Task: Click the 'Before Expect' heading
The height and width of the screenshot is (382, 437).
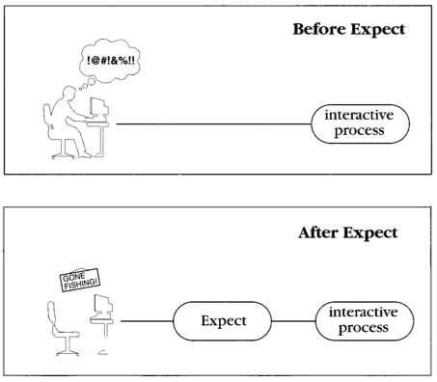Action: pyautogui.click(x=349, y=30)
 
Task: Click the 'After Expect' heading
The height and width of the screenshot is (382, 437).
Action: pyautogui.click(x=348, y=232)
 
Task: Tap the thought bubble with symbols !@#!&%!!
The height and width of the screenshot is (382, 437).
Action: pyautogui.click(x=110, y=60)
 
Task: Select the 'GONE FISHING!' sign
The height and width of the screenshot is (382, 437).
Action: pyautogui.click(x=80, y=280)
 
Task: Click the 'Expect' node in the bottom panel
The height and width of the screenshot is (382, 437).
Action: pyautogui.click(x=223, y=321)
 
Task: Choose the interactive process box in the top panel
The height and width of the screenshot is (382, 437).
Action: pyautogui.click(x=360, y=123)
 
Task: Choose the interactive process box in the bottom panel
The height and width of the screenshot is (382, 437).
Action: pyautogui.click(x=365, y=321)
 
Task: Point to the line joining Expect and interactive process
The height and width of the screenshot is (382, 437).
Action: pyautogui.click(x=293, y=321)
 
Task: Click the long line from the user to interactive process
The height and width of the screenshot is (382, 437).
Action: pyautogui.click(x=213, y=123)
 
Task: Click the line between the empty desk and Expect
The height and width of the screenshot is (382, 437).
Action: pyautogui.click(x=147, y=321)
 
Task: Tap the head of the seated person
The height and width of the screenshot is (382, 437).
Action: pyautogui.click(x=68, y=93)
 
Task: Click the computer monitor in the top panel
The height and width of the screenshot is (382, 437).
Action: pyautogui.click(x=98, y=107)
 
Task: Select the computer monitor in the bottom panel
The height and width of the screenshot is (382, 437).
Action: pyautogui.click(x=103, y=304)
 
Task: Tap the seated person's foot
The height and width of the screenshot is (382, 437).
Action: pyautogui.click(x=86, y=155)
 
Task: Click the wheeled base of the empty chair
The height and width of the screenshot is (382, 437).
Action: pyautogui.click(x=68, y=353)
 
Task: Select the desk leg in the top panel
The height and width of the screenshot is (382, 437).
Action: pyautogui.click(x=103, y=141)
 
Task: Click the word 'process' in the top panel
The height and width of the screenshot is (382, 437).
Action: pyautogui.click(x=359, y=131)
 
